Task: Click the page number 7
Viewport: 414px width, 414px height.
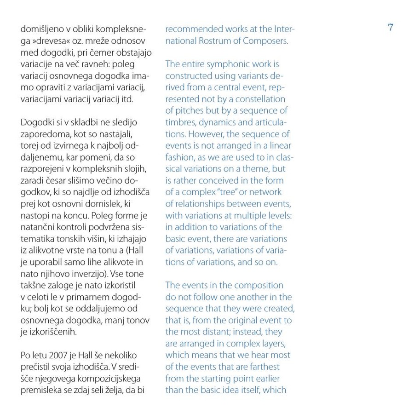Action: (390, 28)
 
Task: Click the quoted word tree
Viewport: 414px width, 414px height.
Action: (235, 192)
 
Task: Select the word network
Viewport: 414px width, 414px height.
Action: (266, 192)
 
